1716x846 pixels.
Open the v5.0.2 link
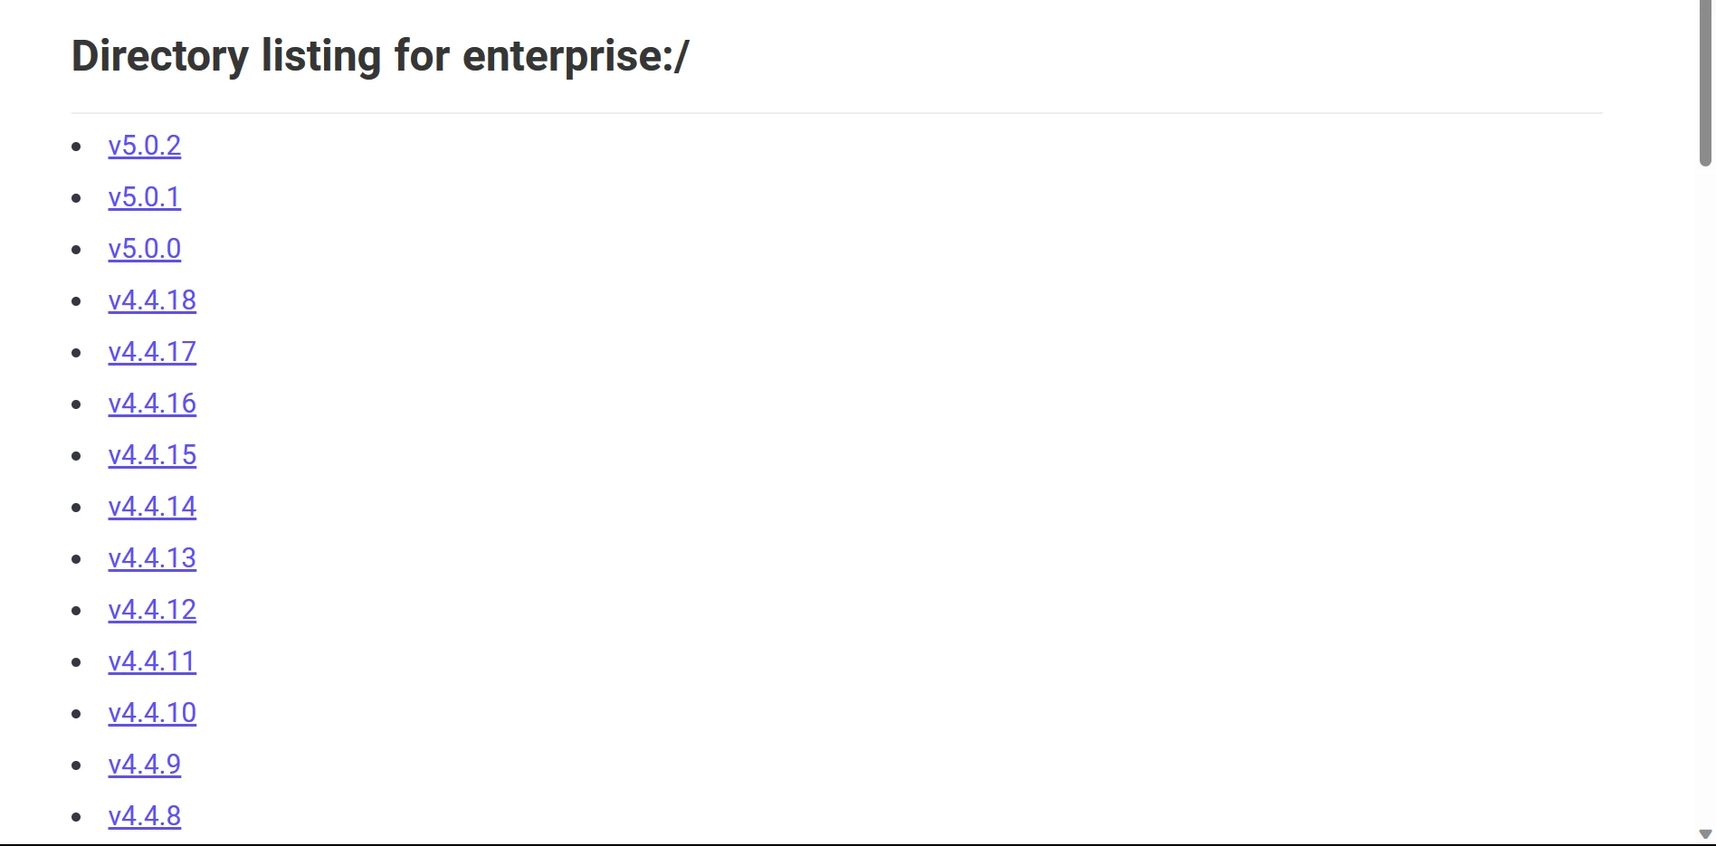pos(145,146)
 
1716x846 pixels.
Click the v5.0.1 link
pos(145,197)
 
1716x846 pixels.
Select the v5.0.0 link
pos(145,249)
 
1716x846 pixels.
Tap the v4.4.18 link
pos(152,300)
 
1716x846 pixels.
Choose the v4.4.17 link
pos(152,352)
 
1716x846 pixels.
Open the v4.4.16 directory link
pos(152,404)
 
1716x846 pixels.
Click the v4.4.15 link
pos(152,455)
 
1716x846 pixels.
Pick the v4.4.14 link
pos(152,507)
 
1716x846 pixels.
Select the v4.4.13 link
pos(152,558)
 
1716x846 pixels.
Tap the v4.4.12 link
pos(152,610)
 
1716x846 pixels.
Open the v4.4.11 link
pos(152,661)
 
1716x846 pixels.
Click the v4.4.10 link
pos(152,713)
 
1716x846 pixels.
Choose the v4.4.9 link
pos(145,765)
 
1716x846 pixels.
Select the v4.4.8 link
pos(145,816)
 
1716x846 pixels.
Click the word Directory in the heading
pos(160,57)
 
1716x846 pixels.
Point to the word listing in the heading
pos(321,57)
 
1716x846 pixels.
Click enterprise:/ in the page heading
pos(576,57)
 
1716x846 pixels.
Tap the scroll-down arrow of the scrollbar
pos(1705,834)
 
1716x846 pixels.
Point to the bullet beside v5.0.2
pos(77,147)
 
